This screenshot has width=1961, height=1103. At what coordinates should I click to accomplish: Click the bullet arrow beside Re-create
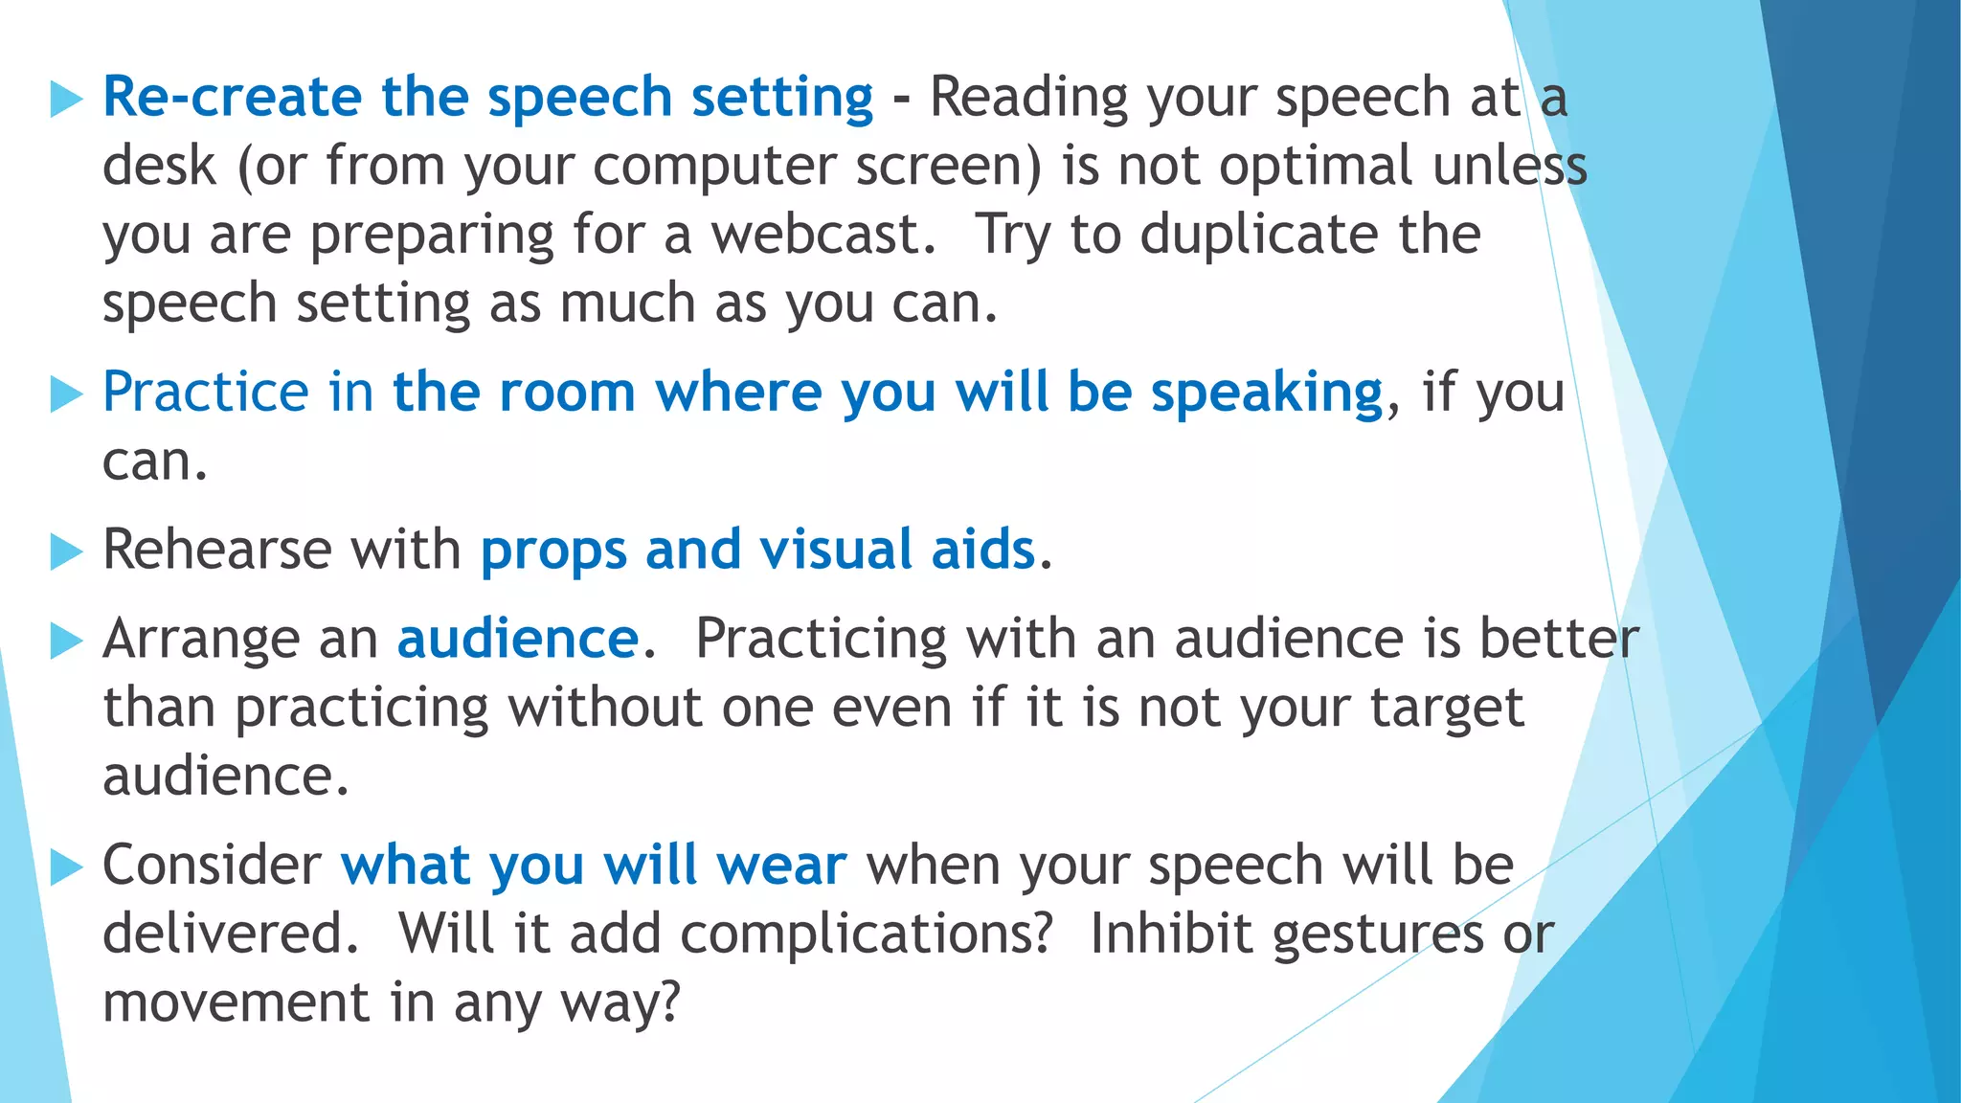point(66,99)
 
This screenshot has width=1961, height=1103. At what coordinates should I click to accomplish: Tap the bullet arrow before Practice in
point(66,394)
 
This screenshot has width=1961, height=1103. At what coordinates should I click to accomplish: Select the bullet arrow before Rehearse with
point(66,551)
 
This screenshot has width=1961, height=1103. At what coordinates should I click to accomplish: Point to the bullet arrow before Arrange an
point(66,641)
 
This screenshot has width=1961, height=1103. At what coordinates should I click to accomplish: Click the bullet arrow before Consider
point(66,867)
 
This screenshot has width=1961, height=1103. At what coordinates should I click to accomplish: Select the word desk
point(159,166)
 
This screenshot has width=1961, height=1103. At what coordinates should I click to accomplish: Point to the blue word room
point(567,393)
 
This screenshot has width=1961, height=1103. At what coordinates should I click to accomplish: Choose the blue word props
point(552,552)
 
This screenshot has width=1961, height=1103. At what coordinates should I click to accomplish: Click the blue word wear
point(782,866)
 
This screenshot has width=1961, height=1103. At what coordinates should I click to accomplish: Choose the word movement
point(236,1003)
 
